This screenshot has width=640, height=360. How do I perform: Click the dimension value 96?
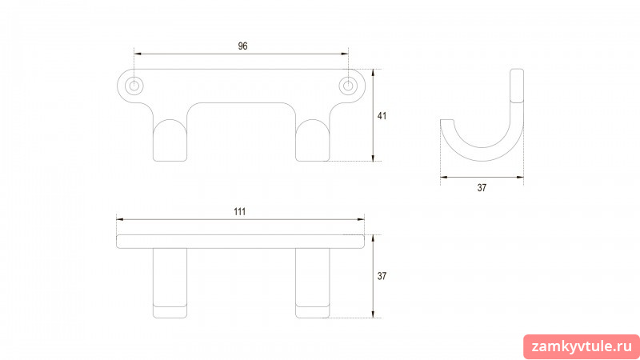pos(243,46)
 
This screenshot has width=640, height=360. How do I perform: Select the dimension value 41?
pos(382,116)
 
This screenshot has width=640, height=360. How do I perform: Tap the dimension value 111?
pos(239,211)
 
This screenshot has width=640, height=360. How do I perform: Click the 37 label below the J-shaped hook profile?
pos(482,188)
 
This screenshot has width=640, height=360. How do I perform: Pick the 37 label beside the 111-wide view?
pos(382,276)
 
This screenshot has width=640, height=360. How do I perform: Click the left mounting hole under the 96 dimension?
pos(134,86)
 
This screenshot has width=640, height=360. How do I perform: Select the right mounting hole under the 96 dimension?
pos(348,86)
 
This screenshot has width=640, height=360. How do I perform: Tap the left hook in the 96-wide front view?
pos(170,141)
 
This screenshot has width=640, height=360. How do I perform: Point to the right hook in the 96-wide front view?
pos(313,141)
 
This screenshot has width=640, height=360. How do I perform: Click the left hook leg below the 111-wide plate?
pos(170,283)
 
